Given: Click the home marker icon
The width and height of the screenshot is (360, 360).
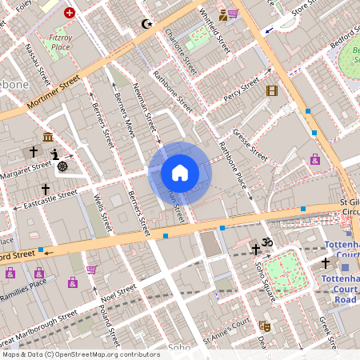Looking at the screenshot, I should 180,173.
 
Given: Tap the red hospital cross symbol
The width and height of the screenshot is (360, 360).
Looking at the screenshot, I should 70,13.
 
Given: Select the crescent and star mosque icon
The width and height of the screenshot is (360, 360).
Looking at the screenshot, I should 146,24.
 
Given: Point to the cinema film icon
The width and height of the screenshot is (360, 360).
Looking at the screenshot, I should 272,90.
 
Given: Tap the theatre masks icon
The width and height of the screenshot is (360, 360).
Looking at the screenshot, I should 263,326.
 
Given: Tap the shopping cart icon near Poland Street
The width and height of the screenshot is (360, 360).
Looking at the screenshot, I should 91,270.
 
